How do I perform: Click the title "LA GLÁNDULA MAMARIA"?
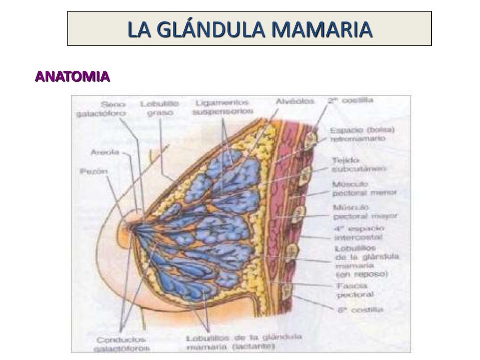[x=249, y=29]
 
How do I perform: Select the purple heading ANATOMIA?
[x=73, y=76]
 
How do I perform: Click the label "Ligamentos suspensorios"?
[x=222, y=107]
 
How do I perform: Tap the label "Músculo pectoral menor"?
[x=364, y=188]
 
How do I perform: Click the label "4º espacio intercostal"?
[x=359, y=233]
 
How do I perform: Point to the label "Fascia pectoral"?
[x=354, y=290]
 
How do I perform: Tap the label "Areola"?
[x=105, y=152]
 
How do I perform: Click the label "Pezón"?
[x=94, y=172]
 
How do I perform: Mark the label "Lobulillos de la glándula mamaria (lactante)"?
[x=244, y=342]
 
